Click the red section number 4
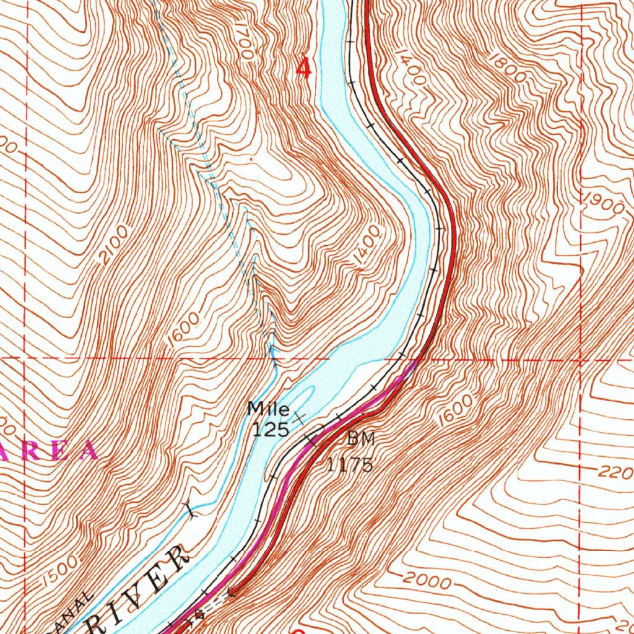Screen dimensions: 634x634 (x=303, y=67)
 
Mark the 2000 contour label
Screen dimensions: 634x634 (x=427, y=580)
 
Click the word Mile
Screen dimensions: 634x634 (x=269, y=409)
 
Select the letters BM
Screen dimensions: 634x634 (x=360, y=439)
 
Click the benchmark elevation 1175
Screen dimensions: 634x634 (x=350, y=464)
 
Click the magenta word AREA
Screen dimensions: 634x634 (x=50, y=451)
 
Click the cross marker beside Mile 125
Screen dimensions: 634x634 (x=300, y=418)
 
